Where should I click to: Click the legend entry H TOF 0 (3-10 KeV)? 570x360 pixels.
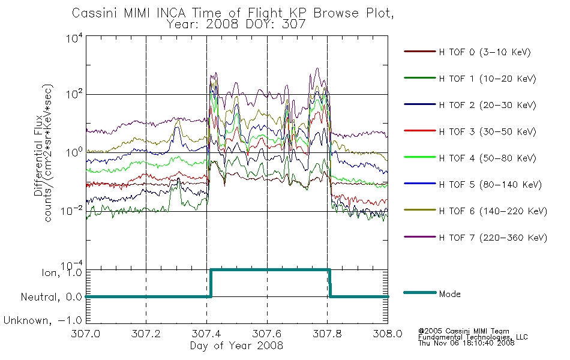[x=485, y=52]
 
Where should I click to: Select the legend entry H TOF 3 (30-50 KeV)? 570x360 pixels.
[x=487, y=131]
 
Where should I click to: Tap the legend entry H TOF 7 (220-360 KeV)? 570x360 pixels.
[x=493, y=238]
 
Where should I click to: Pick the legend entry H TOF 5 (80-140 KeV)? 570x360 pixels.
[x=490, y=185]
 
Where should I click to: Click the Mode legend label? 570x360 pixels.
[x=449, y=294]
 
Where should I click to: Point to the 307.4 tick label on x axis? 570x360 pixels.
[x=206, y=334]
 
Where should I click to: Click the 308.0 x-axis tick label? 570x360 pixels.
[x=388, y=334]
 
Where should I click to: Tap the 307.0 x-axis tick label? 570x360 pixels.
[x=85, y=334]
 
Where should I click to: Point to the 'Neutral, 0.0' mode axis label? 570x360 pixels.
[x=51, y=297]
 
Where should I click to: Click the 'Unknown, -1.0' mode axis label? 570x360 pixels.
[x=43, y=320]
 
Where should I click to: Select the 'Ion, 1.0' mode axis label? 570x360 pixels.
[x=62, y=272]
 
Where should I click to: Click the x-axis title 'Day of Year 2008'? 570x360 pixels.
[x=236, y=346]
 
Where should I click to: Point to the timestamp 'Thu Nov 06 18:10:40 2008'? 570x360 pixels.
[x=466, y=343]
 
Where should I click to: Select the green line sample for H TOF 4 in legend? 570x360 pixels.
[x=420, y=157]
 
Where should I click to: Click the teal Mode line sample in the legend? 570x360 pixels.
[x=420, y=292]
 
